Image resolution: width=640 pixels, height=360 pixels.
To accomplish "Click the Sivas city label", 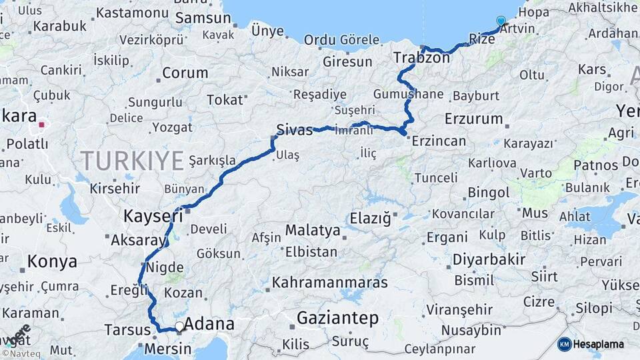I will pos(294,130).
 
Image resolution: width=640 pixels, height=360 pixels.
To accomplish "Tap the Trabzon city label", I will pos(421,57).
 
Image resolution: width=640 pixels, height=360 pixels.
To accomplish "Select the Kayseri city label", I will pos(153,216).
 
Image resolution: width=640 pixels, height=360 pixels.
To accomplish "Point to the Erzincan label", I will pos(439,141).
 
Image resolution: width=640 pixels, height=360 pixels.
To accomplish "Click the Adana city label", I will pos(209,325).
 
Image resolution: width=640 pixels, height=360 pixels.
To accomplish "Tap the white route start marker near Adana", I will pos(179,327).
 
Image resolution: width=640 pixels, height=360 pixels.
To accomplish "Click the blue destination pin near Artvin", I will pos(501,21).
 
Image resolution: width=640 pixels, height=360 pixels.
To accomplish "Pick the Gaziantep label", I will pos(338,318).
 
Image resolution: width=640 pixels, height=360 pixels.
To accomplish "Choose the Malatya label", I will pos(313,231).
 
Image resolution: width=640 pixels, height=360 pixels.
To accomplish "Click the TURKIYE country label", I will pos(132,161).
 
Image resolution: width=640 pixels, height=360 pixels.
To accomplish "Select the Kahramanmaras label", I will pos(329,282).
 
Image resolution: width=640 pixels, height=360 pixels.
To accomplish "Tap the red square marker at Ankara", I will pos(42,124).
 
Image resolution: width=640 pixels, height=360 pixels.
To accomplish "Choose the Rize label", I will pos(482,39).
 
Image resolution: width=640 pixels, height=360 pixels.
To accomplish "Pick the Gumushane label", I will pos(408,94).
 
